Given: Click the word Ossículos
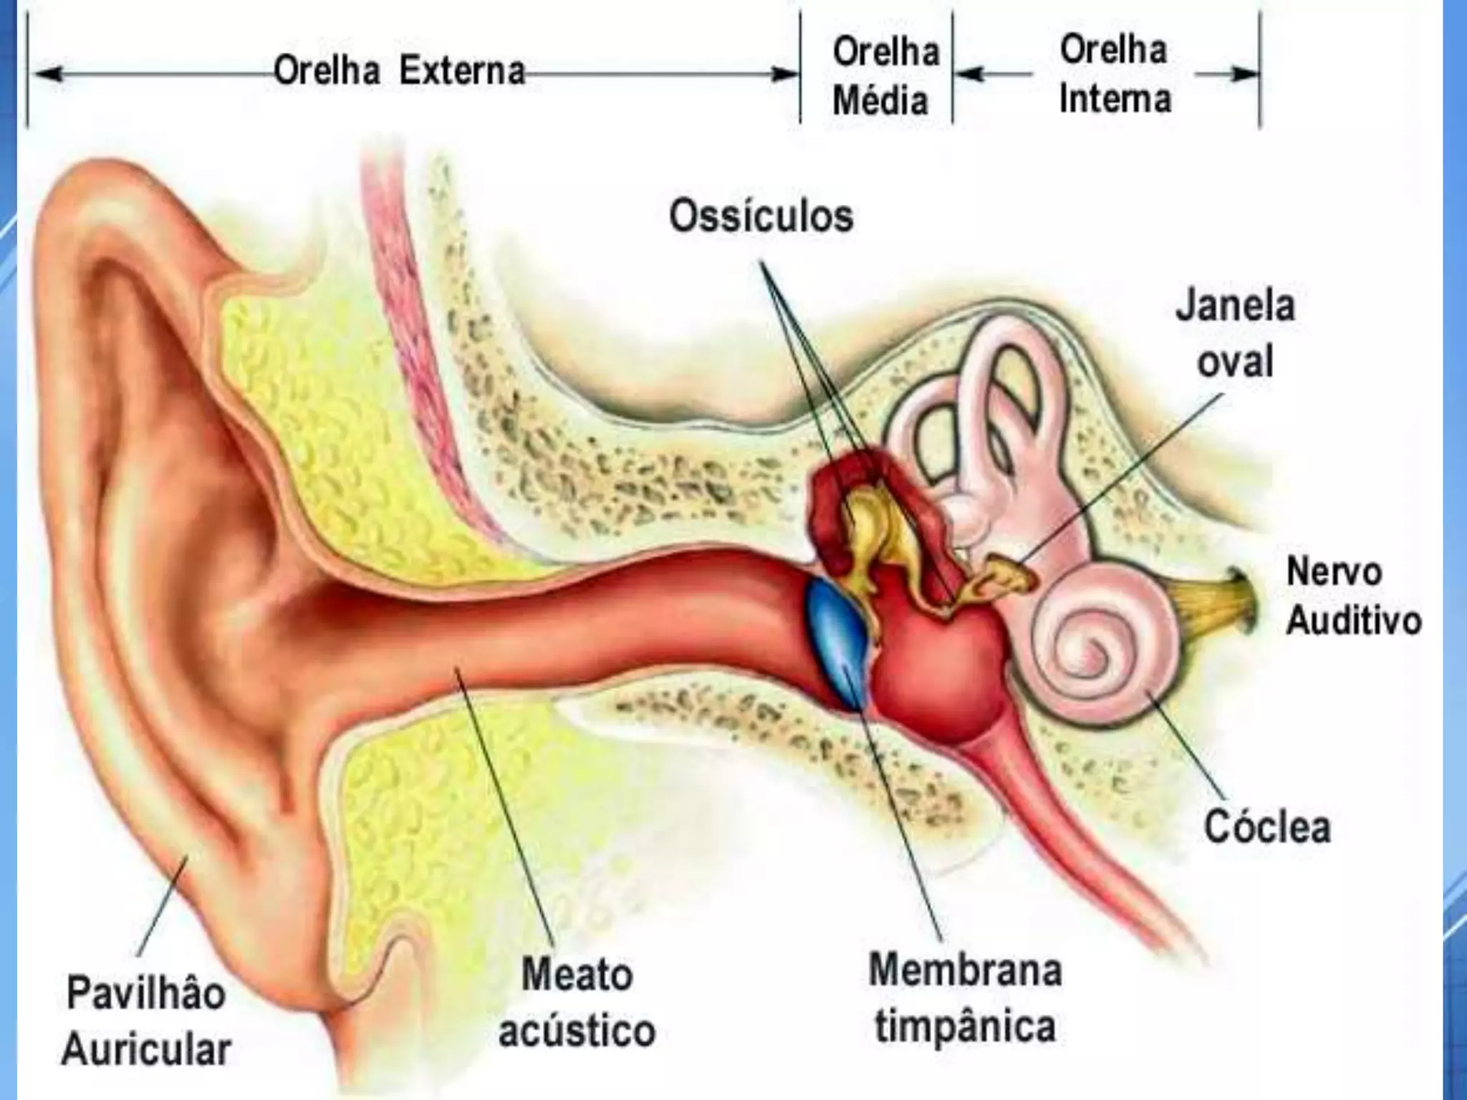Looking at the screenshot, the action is point(761,216).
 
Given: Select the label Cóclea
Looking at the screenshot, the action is point(1267,827).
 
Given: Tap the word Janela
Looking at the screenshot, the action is point(1235,306).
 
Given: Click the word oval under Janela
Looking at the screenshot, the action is point(1235,362).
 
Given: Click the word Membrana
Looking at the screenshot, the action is point(965,971).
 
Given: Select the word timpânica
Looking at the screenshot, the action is point(965,1026).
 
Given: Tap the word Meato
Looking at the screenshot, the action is point(577,975).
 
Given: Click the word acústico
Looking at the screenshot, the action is point(577,1030).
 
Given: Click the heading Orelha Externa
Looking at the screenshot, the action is point(399,72).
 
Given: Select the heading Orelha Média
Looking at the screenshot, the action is point(885,76).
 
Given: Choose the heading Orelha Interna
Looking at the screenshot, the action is point(1114,74).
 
